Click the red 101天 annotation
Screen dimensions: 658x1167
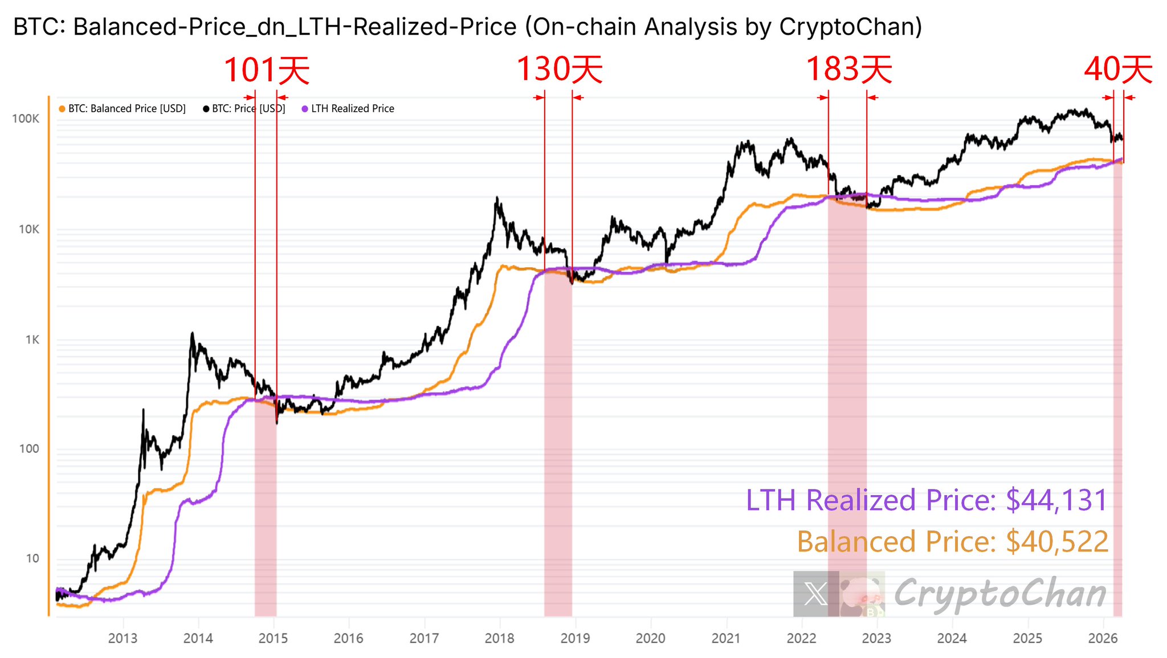[267, 71]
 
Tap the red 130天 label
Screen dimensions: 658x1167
[559, 70]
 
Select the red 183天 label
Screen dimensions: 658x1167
[848, 70]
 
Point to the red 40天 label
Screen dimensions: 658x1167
[1118, 70]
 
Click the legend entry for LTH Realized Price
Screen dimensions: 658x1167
[348, 109]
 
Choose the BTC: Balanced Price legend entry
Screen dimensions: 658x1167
[123, 109]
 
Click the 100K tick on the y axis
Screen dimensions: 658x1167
[26, 118]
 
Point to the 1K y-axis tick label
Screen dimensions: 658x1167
[32, 340]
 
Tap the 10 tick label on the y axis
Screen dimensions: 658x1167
[32, 559]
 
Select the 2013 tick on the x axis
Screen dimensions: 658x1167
[123, 638]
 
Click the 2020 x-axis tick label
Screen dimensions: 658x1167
[650, 638]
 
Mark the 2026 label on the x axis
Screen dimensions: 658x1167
[1103, 638]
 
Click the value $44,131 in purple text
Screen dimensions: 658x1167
[1056, 500]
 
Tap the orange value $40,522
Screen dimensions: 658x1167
[1057, 541]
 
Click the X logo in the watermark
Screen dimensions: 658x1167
[815, 594]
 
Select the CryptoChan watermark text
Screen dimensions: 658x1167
[1000, 594]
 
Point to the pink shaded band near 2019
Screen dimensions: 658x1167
[558, 444]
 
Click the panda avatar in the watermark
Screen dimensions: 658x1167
[862, 594]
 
